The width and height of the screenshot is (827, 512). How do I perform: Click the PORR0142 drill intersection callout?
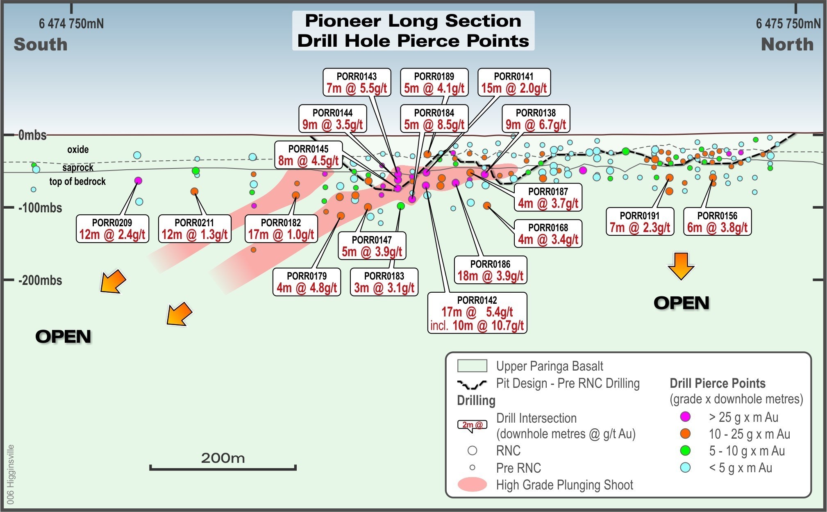click(x=477, y=313)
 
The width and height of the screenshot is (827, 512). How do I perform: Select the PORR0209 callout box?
click(x=112, y=229)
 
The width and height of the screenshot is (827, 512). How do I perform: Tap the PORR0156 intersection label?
click(x=717, y=222)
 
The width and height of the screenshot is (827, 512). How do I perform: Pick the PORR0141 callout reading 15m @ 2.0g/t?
click(x=514, y=82)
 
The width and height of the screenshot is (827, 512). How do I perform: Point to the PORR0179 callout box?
click(x=307, y=282)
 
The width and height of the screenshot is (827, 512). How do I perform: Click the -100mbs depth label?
click(x=41, y=208)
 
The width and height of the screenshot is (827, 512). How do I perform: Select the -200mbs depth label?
click(x=41, y=280)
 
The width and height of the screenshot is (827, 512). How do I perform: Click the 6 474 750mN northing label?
click(x=71, y=24)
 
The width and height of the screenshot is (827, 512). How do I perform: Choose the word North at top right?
click(x=787, y=44)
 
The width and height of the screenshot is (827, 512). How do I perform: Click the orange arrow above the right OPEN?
click(x=681, y=266)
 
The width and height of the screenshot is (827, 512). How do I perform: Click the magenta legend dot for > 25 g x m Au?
click(x=685, y=417)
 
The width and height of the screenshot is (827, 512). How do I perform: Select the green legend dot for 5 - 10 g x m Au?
click(x=685, y=451)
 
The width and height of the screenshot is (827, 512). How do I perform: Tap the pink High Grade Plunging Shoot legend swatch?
click(x=472, y=485)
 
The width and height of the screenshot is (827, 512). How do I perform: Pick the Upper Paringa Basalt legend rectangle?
click(x=472, y=366)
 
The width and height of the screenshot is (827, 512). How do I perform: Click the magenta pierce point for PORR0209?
click(x=138, y=180)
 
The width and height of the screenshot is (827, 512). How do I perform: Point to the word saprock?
click(x=78, y=168)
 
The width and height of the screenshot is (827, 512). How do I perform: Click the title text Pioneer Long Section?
click(x=413, y=21)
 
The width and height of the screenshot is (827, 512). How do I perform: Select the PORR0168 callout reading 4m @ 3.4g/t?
click(x=548, y=234)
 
